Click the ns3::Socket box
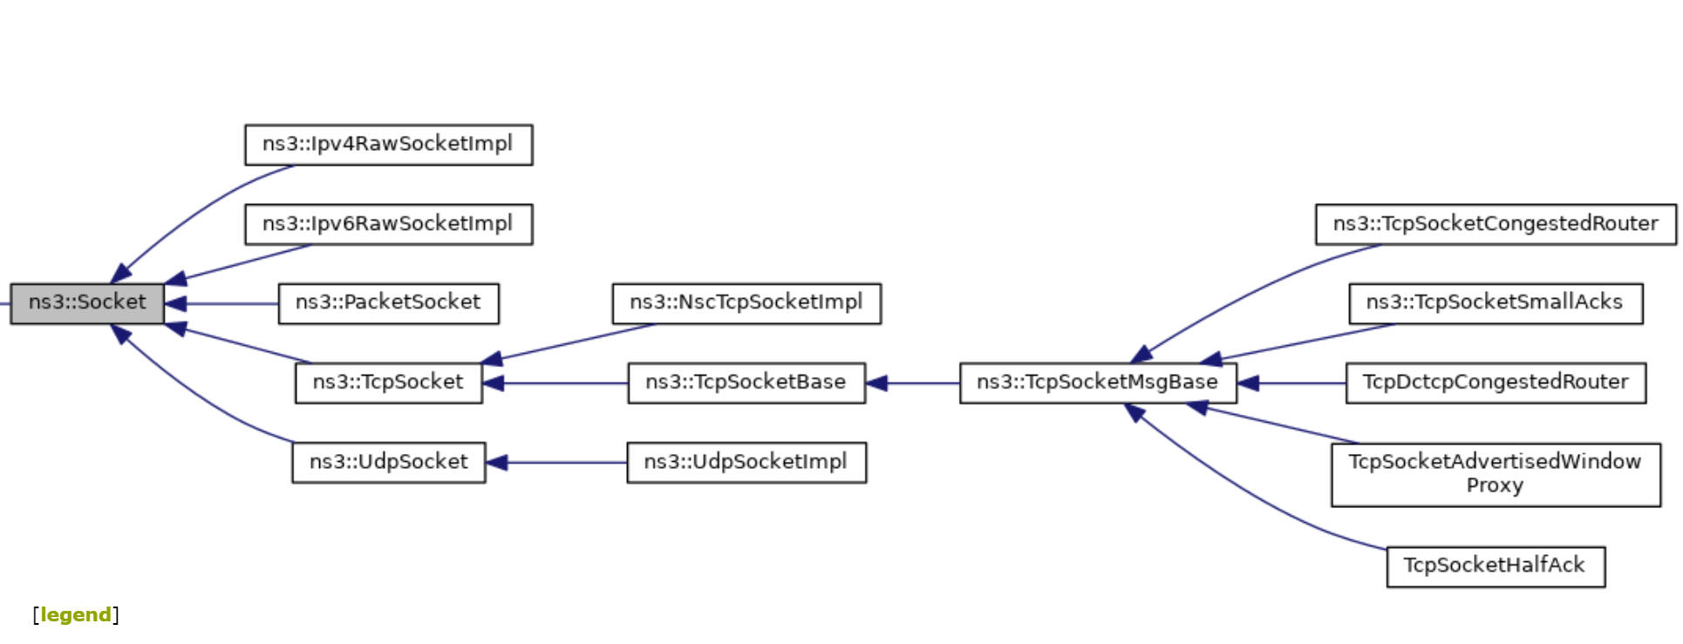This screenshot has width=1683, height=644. coord(86,303)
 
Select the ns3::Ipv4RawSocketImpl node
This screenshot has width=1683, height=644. coord(388,145)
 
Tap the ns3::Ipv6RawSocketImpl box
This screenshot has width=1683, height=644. coord(388,225)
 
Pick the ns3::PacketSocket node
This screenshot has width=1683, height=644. coord(388,303)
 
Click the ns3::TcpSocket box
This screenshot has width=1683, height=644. coord(388,383)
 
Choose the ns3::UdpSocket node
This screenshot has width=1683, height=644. coord(388,462)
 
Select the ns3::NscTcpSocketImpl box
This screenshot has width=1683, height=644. coord(746,303)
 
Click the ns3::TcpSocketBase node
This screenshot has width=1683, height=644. coord(746,383)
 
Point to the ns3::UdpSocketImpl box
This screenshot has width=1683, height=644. coord(746,462)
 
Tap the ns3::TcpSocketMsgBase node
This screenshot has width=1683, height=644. coord(1097,383)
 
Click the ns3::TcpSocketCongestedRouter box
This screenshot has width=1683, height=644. coord(1495,225)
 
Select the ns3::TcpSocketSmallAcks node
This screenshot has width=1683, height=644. coord(1495,303)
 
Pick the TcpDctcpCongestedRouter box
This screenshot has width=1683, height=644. coord(1495,383)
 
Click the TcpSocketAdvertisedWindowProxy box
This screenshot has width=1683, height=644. coord(1495,474)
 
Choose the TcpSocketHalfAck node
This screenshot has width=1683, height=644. coord(1495,566)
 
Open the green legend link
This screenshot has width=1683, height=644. coord(76,615)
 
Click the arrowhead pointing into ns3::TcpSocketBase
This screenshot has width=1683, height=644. coord(876,383)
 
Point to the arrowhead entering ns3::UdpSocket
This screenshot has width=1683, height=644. coord(496,463)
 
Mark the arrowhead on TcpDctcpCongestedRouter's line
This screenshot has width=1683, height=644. coord(1248,383)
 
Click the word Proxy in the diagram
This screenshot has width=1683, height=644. coord(1495,486)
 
